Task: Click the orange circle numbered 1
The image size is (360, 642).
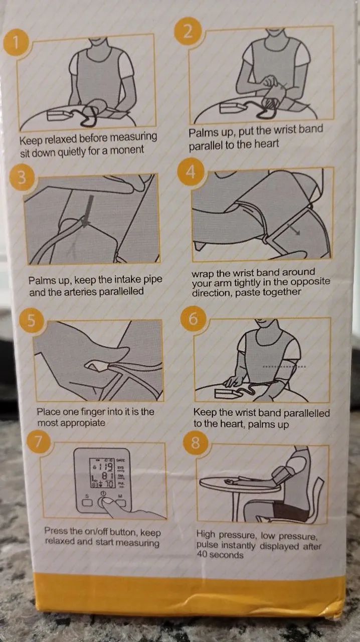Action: click(17, 43)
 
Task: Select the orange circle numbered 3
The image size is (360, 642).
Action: click(22, 178)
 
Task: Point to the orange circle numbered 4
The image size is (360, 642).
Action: click(191, 173)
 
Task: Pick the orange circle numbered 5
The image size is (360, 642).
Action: click(31, 320)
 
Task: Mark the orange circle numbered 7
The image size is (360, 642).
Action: click(40, 442)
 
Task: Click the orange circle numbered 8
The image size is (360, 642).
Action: click(196, 442)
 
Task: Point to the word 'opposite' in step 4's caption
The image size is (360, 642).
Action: click(311, 282)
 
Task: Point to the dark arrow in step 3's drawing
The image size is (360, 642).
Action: click(87, 211)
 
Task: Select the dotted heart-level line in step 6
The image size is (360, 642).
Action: click(284, 367)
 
